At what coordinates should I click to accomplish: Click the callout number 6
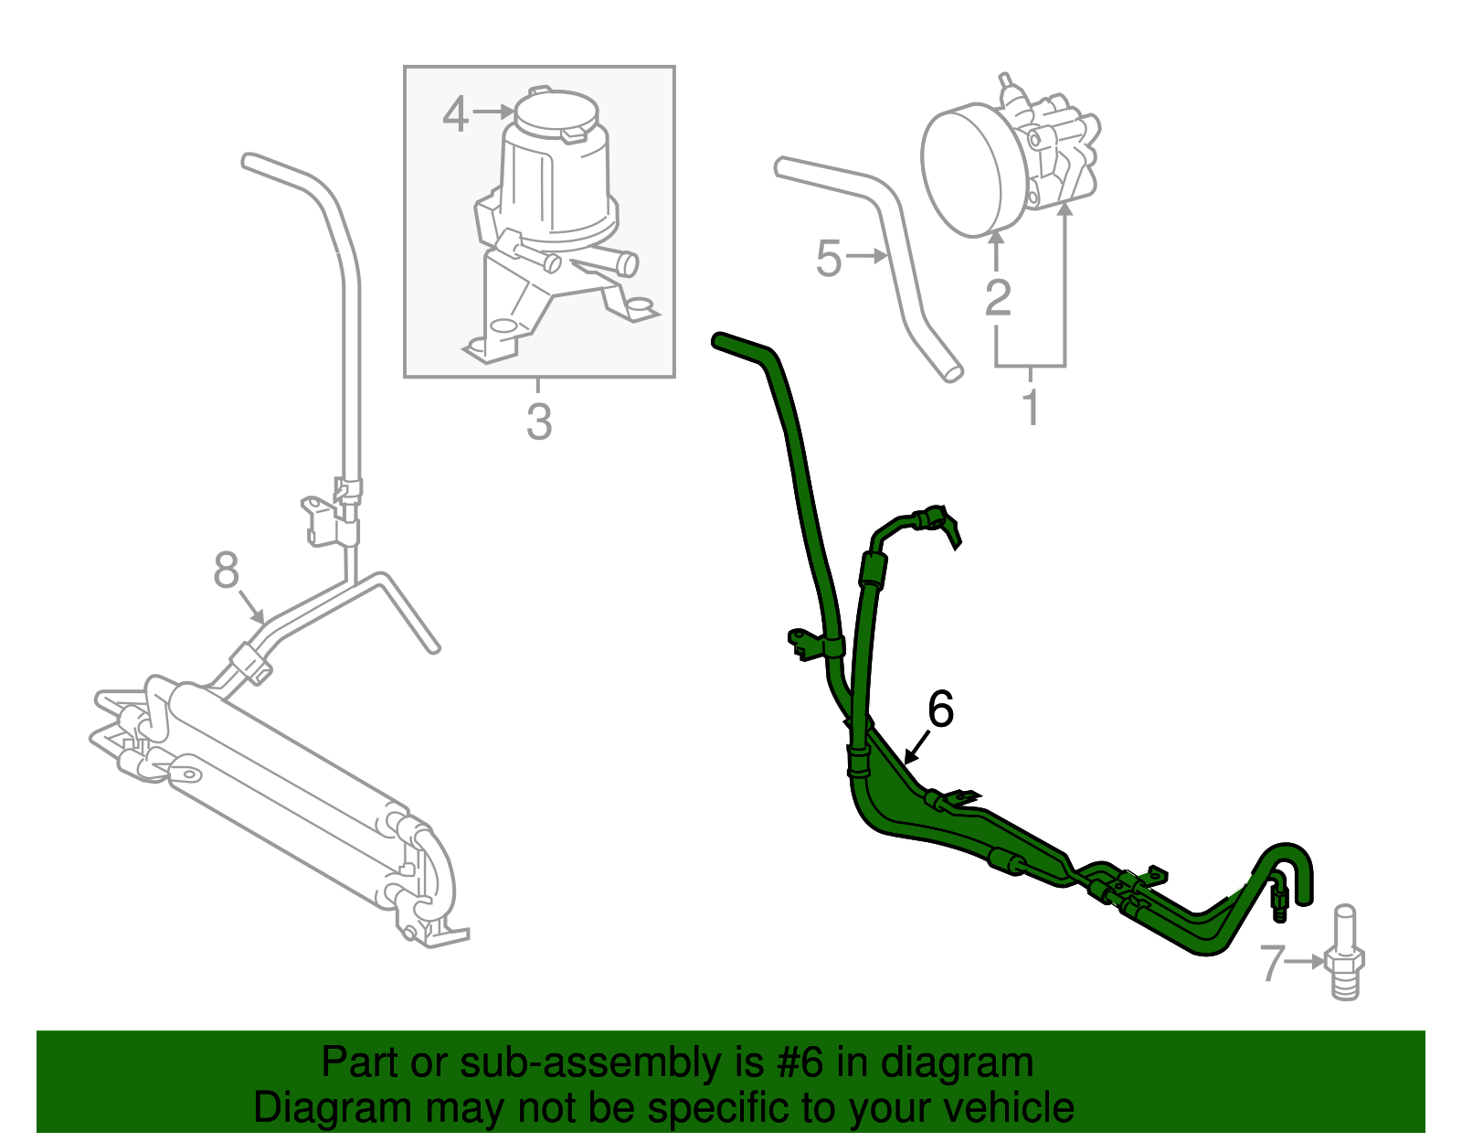[940, 710]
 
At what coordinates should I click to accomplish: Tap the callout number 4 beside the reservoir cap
[455, 115]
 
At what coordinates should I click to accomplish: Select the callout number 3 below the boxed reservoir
[539, 423]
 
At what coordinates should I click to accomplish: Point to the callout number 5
[828, 259]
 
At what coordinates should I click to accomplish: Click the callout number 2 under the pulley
[998, 297]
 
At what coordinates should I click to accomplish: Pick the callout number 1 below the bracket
[1031, 408]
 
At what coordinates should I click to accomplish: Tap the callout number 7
[1272, 964]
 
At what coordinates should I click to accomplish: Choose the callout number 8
[226, 571]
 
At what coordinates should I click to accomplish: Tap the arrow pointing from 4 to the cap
[494, 112]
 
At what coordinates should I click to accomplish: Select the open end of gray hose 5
[952, 372]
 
